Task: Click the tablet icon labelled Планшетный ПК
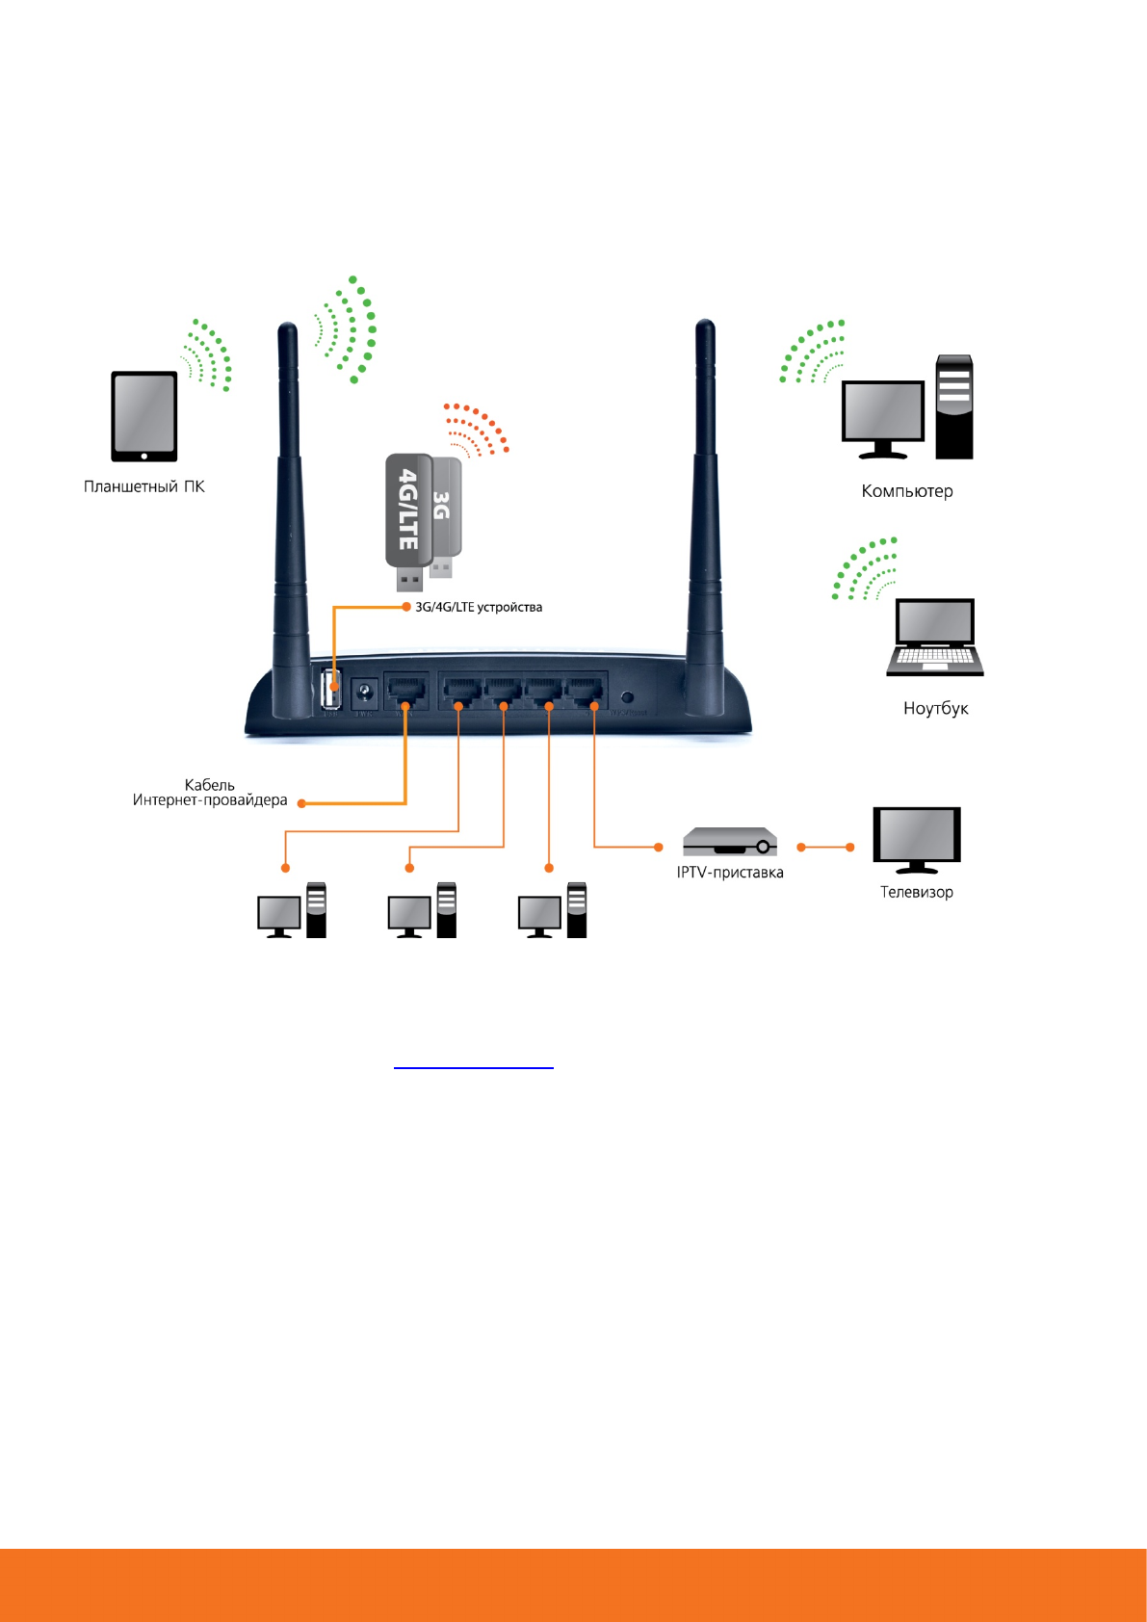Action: tap(144, 416)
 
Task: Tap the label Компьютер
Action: tap(906, 491)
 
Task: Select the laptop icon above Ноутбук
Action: tap(935, 637)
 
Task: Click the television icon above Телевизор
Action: tap(917, 839)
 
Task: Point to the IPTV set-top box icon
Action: tap(730, 842)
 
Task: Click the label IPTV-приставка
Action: tap(730, 873)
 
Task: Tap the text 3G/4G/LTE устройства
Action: tap(479, 608)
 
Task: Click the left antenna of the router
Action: tap(289, 520)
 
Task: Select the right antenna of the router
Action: tap(705, 520)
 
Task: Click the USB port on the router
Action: tap(331, 690)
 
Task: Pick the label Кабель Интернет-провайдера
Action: tap(210, 793)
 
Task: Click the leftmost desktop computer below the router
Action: tap(292, 910)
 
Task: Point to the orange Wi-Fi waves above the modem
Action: tap(476, 429)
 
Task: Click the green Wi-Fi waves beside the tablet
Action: tap(210, 355)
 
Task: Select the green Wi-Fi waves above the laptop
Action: tap(864, 569)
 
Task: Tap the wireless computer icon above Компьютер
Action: tap(907, 408)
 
